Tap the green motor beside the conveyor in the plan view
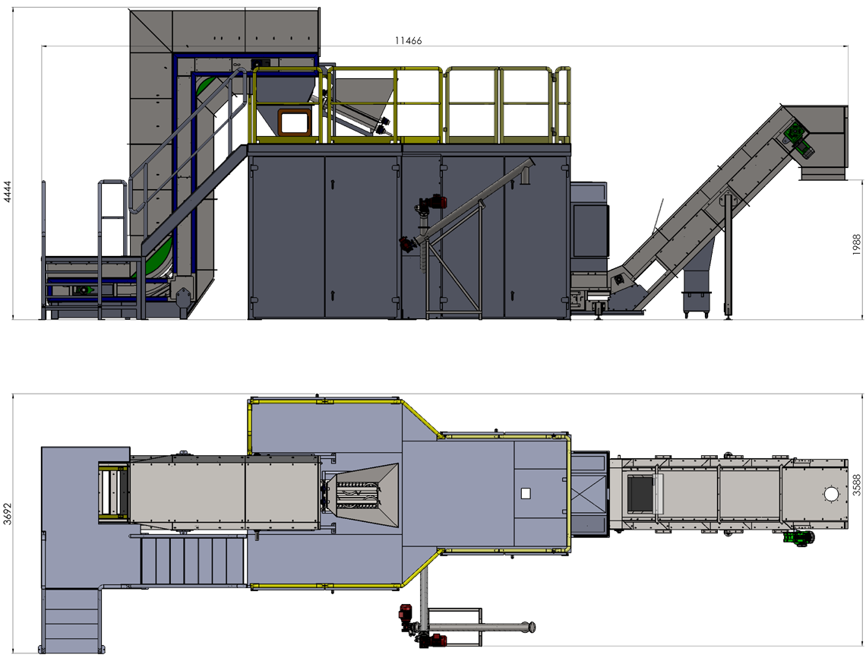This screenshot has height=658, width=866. point(798,538)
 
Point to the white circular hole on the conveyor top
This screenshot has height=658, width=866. point(831,494)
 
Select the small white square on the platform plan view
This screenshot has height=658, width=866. point(525,493)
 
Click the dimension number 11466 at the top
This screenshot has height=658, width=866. point(407,41)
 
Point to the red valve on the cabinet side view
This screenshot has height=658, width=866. point(435,203)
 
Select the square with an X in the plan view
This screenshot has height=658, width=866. point(589,494)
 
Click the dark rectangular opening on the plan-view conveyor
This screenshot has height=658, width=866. point(640,493)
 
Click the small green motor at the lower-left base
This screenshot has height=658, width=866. point(82,290)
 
